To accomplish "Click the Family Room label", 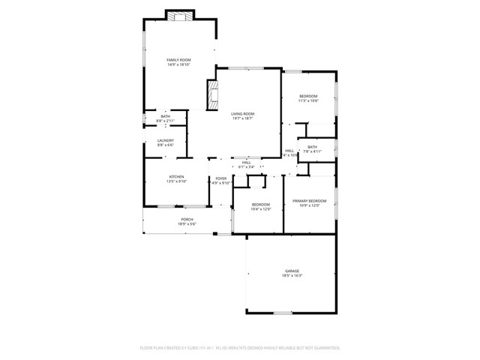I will [x=178, y=59].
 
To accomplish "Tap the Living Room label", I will [x=242, y=113].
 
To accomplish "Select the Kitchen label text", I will [x=176, y=177].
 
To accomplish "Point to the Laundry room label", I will [x=166, y=140].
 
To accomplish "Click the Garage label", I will [x=292, y=271].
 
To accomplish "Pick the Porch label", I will [x=166, y=219].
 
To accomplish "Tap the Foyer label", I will [x=221, y=178].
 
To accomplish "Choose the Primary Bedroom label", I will [x=309, y=201].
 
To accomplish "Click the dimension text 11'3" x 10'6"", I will [x=308, y=100].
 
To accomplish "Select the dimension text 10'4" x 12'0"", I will [x=260, y=209].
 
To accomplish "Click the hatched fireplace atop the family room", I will [x=179, y=16].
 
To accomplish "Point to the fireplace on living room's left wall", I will [x=212, y=95].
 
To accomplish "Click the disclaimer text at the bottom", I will [x=240, y=348].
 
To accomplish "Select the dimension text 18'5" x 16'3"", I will [x=292, y=276].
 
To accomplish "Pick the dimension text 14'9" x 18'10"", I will [x=178, y=64].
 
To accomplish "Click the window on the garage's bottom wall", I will [x=282, y=313].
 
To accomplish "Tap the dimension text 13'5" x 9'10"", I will [x=176, y=182].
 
